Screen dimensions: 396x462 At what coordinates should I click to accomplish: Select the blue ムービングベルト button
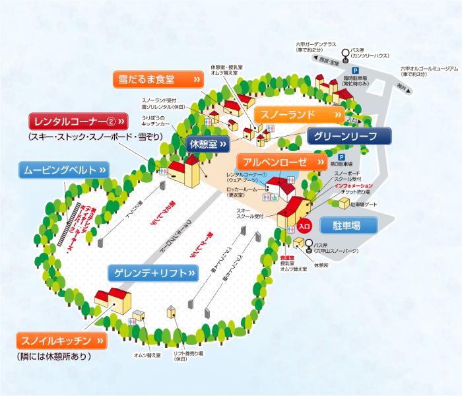(x=63, y=170)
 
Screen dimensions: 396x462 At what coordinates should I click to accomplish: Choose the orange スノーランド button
(x=299, y=115)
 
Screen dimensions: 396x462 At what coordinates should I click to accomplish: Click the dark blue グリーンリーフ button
(x=349, y=137)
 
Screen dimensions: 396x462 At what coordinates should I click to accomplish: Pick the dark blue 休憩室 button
(x=208, y=143)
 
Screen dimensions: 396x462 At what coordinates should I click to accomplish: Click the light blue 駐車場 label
(x=349, y=225)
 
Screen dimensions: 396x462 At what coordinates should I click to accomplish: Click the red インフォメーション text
(x=353, y=186)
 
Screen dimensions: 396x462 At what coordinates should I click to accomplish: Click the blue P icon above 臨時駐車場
(x=355, y=71)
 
